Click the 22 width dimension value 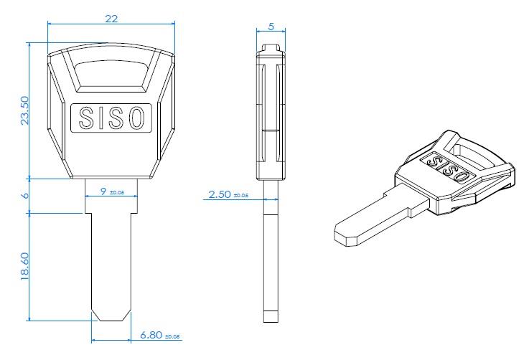coord(111,19)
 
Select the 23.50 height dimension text coord(24,110)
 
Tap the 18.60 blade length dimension coord(24,267)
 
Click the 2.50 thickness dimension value coord(219,194)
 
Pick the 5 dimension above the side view coord(271,26)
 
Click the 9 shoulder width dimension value coord(103,191)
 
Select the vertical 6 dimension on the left coord(24,195)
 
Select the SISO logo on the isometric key coord(447,167)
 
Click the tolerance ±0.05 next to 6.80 coord(173,336)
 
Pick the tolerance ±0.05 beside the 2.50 coord(242,195)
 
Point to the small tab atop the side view coord(271,49)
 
